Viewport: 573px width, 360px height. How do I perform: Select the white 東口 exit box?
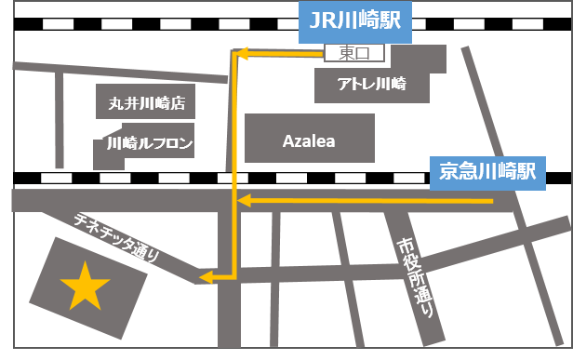click(354, 53)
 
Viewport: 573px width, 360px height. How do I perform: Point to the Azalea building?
click(309, 140)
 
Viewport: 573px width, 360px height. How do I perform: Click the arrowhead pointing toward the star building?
click(207, 275)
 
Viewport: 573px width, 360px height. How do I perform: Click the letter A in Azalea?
click(288, 140)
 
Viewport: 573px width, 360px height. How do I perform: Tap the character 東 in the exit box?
click(345, 53)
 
